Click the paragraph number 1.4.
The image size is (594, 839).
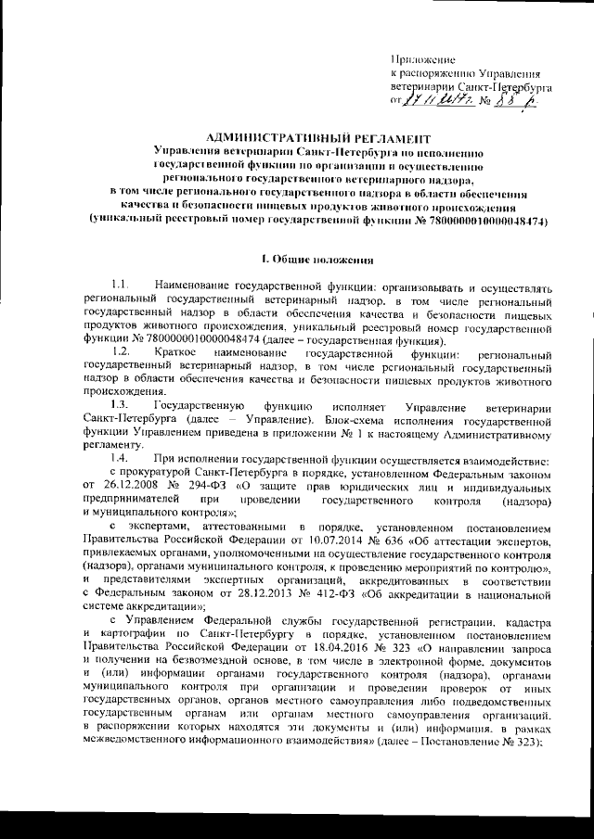click(x=119, y=461)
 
